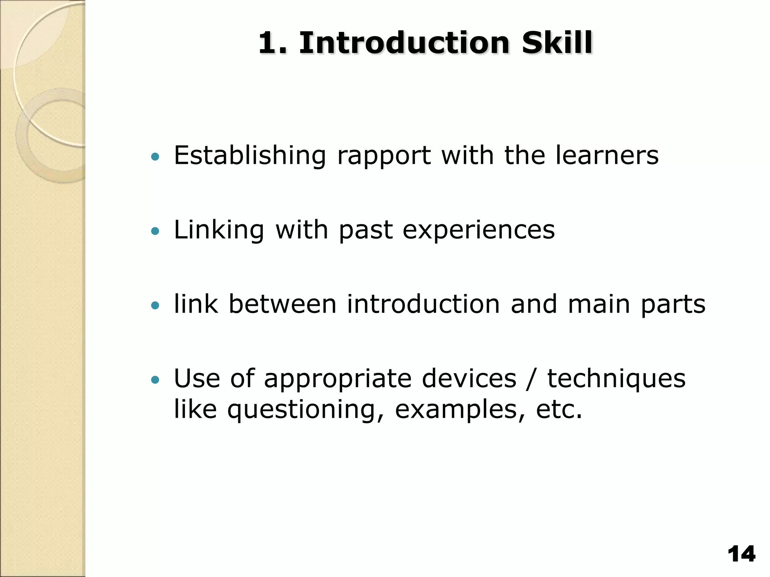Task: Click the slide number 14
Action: pos(741,554)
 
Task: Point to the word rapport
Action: pos(384,156)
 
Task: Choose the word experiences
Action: pos(478,230)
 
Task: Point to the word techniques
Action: pos(616,379)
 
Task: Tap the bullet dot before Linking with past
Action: pos(155,231)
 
